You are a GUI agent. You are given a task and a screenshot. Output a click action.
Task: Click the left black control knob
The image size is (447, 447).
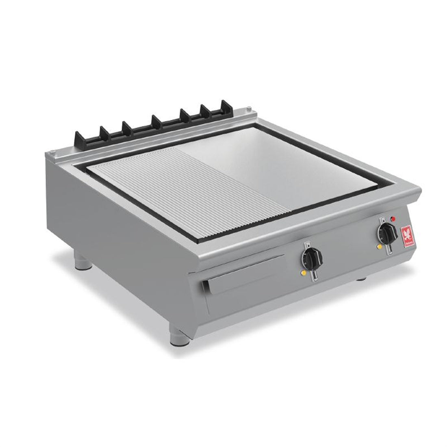coord(312,258)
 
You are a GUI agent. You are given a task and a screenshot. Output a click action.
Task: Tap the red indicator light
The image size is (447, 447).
coord(393,219)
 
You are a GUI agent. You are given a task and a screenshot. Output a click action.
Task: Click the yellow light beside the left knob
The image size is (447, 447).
coord(304,273)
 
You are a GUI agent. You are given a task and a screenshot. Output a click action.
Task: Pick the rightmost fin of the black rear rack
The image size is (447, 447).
coord(226,106)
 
